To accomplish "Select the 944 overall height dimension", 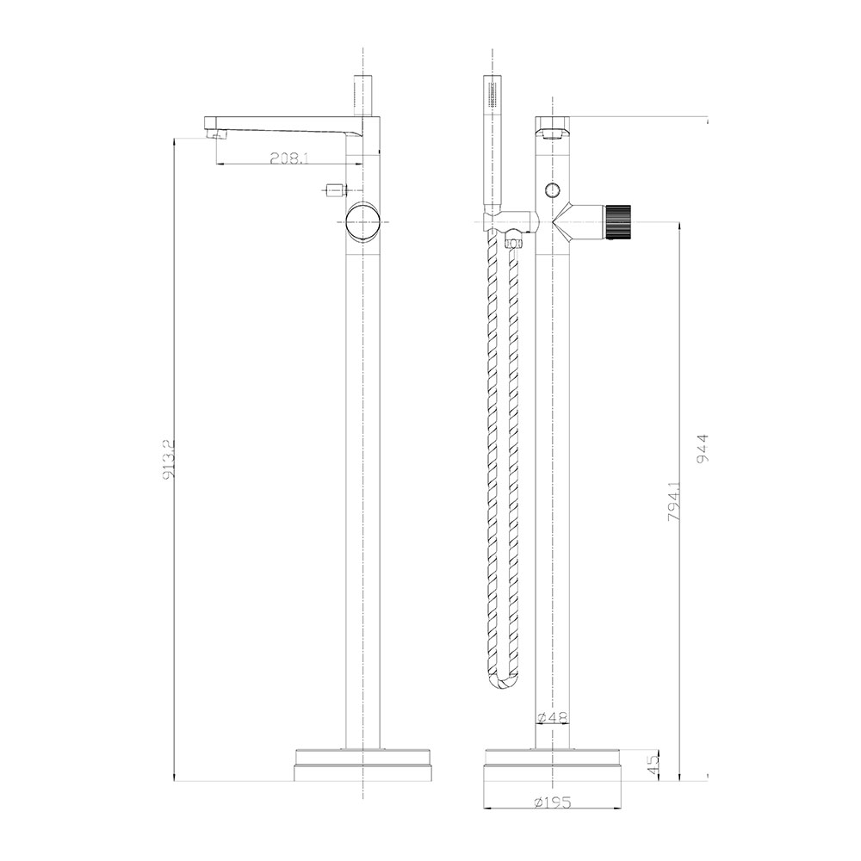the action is [703, 449].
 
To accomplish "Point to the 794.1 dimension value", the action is [674, 501].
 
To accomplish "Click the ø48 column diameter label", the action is [553, 716].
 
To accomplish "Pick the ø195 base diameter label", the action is [553, 802].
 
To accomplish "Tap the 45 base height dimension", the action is [653, 764].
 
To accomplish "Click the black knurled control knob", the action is [618, 221].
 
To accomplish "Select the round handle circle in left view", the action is [362, 222].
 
